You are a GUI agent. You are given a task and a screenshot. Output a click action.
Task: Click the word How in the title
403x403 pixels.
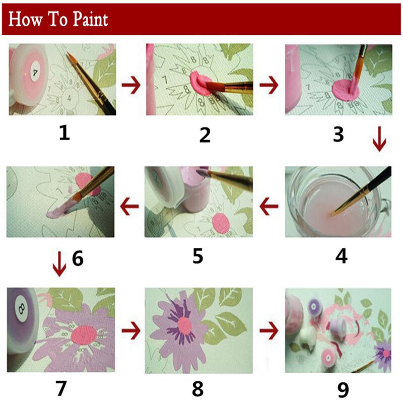pyautogui.click(x=25, y=20)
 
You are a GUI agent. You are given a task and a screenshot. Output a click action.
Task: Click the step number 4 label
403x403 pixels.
pyautogui.click(x=341, y=255)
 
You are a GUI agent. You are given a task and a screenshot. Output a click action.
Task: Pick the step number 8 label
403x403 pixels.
pyautogui.click(x=197, y=388)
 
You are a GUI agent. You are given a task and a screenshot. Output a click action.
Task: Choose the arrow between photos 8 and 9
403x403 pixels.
pyautogui.click(x=270, y=331)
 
